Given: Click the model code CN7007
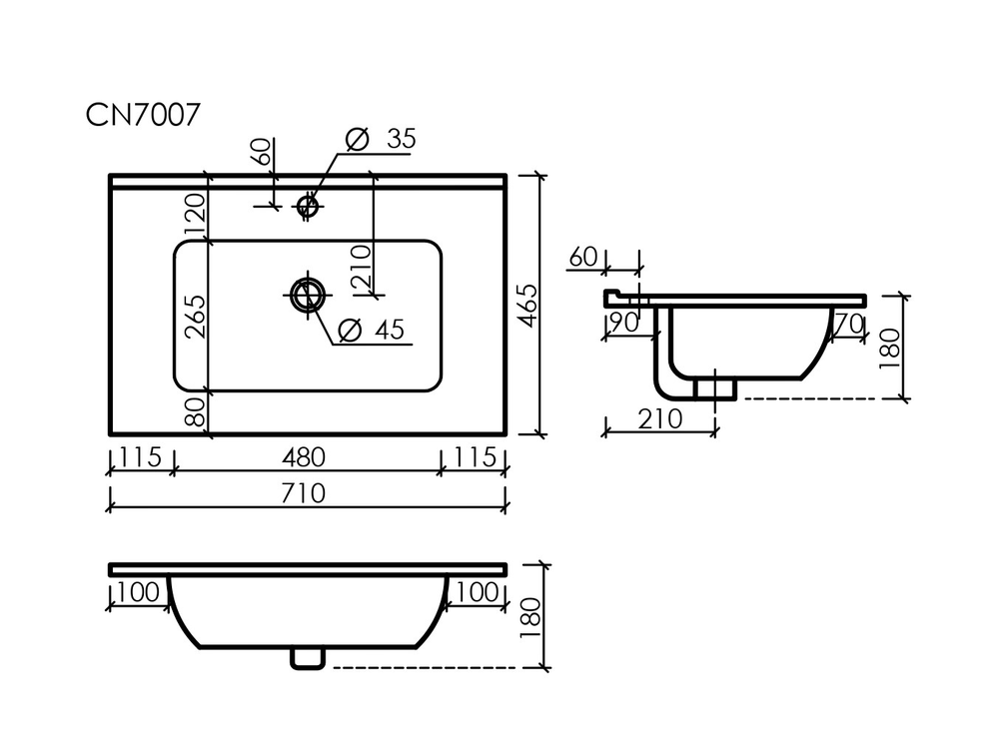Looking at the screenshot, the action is (x=143, y=115).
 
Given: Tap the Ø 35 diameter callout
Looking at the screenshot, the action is (x=381, y=139).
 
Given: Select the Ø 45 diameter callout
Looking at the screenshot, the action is (x=373, y=330).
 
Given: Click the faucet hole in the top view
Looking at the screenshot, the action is (x=308, y=206).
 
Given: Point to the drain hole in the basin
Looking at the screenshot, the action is (x=308, y=295).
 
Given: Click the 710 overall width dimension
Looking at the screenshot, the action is (x=304, y=493).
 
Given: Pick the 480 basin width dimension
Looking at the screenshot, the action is (x=304, y=457).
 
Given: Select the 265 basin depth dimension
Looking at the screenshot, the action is (x=196, y=316).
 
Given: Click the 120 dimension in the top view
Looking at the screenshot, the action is (x=196, y=214).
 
